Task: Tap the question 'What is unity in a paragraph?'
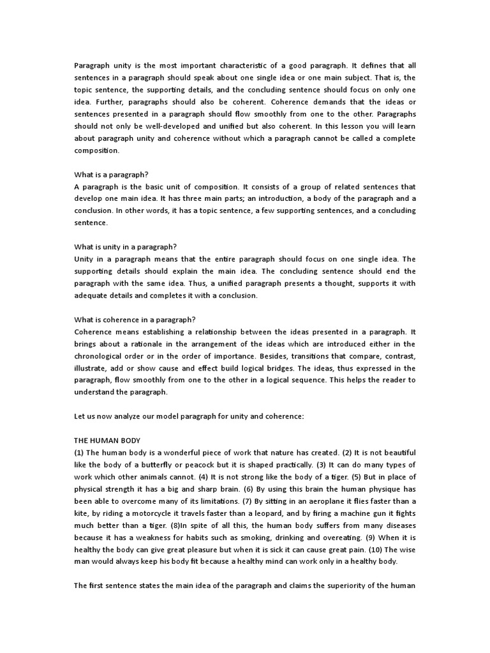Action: coord(125,247)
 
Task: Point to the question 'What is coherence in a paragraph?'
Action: coord(135,319)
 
